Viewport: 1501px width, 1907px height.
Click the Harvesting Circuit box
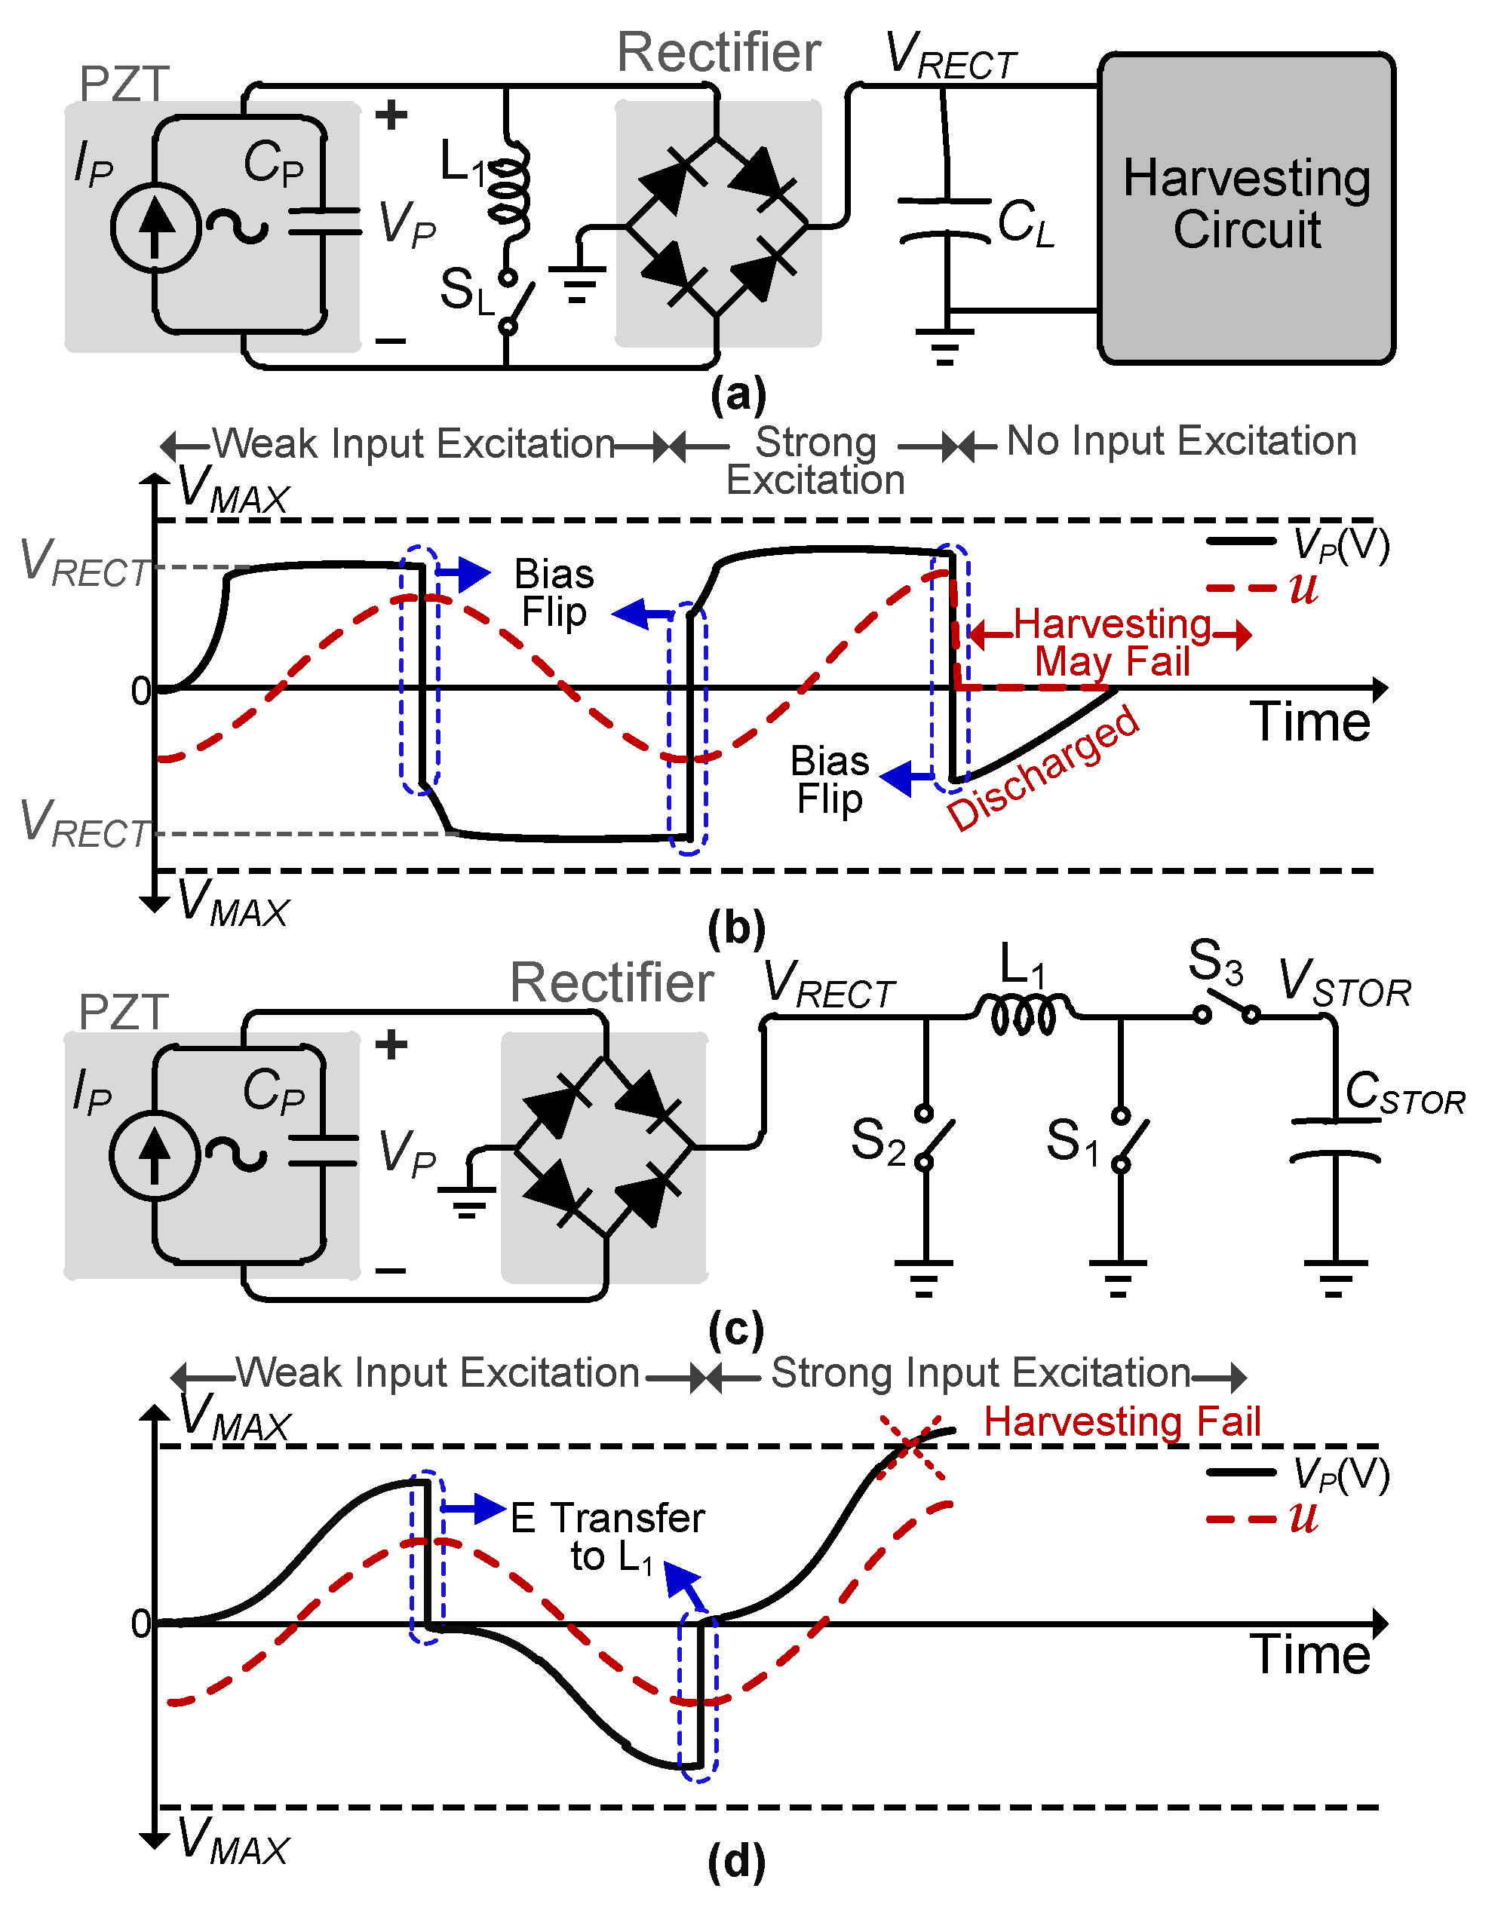pyautogui.click(x=1246, y=207)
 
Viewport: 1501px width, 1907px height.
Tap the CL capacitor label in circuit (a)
pyautogui.click(x=1025, y=222)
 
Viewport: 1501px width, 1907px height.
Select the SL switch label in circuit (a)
pyautogui.click(x=467, y=291)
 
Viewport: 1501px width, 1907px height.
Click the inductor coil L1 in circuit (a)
pyautogui.click(x=510, y=193)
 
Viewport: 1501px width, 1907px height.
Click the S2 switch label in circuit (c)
pyautogui.click(x=877, y=1142)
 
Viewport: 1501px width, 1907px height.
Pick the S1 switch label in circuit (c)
pyautogui.click(x=1072, y=1142)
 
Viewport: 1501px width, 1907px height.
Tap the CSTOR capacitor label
pyautogui.click(x=1404, y=1093)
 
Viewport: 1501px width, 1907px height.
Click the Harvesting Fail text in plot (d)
pyautogui.click(x=1122, y=1421)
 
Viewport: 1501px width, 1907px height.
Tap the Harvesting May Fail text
pyautogui.click(x=1113, y=643)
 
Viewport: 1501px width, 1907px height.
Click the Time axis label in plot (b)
pyautogui.click(x=1309, y=722)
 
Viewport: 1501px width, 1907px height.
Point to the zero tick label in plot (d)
pyautogui.click(x=140, y=1623)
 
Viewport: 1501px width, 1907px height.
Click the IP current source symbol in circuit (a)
pyautogui.click(x=155, y=228)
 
